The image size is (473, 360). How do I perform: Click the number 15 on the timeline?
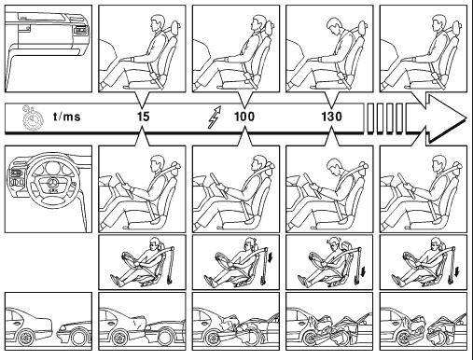click(x=144, y=117)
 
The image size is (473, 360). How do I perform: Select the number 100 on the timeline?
click(x=244, y=117)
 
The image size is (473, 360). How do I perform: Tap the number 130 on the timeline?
click(x=331, y=117)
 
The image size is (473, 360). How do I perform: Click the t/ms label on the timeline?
click(x=67, y=117)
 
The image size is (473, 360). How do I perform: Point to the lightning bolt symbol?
click(x=215, y=117)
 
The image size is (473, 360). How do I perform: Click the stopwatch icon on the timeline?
click(x=32, y=118)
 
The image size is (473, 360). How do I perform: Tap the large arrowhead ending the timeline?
click(x=447, y=118)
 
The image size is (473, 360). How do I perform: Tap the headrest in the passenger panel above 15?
click(x=174, y=29)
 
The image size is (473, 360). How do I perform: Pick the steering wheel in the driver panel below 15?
click(x=124, y=186)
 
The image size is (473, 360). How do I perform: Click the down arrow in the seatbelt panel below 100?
click(x=271, y=257)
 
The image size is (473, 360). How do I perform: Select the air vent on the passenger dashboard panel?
click(x=81, y=30)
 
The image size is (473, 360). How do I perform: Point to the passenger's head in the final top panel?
click(x=438, y=23)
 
